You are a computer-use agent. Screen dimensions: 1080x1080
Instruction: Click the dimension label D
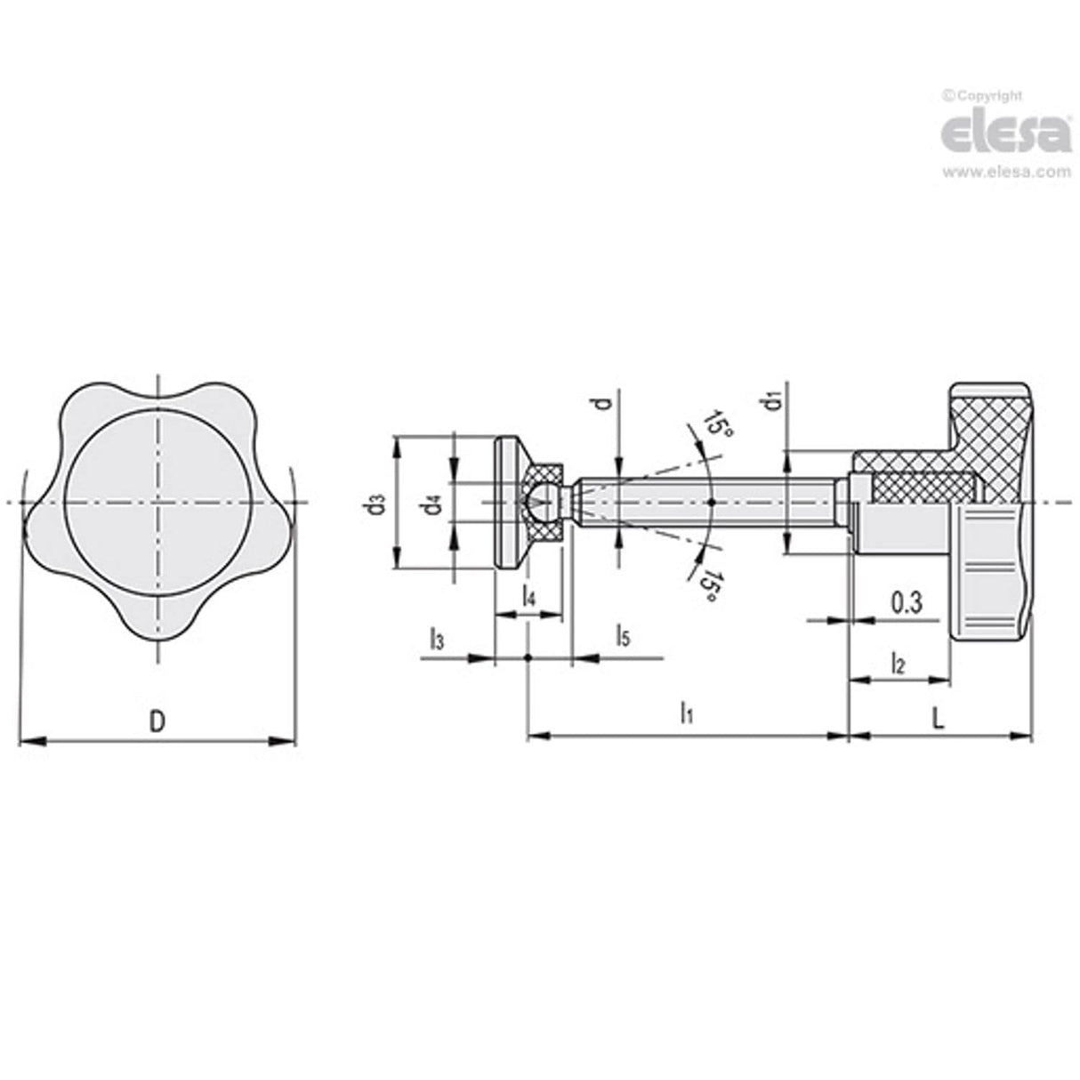(157, 721)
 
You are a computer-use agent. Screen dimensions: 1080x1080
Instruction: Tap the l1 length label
(686, 713)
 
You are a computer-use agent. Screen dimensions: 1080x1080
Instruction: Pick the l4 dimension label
(528, 596)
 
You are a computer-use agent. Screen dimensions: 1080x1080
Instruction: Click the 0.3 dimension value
(905, 604)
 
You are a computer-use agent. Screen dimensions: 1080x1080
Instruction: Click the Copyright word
(987, 96)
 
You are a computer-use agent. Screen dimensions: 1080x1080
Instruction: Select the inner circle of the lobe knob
(157, 504)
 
